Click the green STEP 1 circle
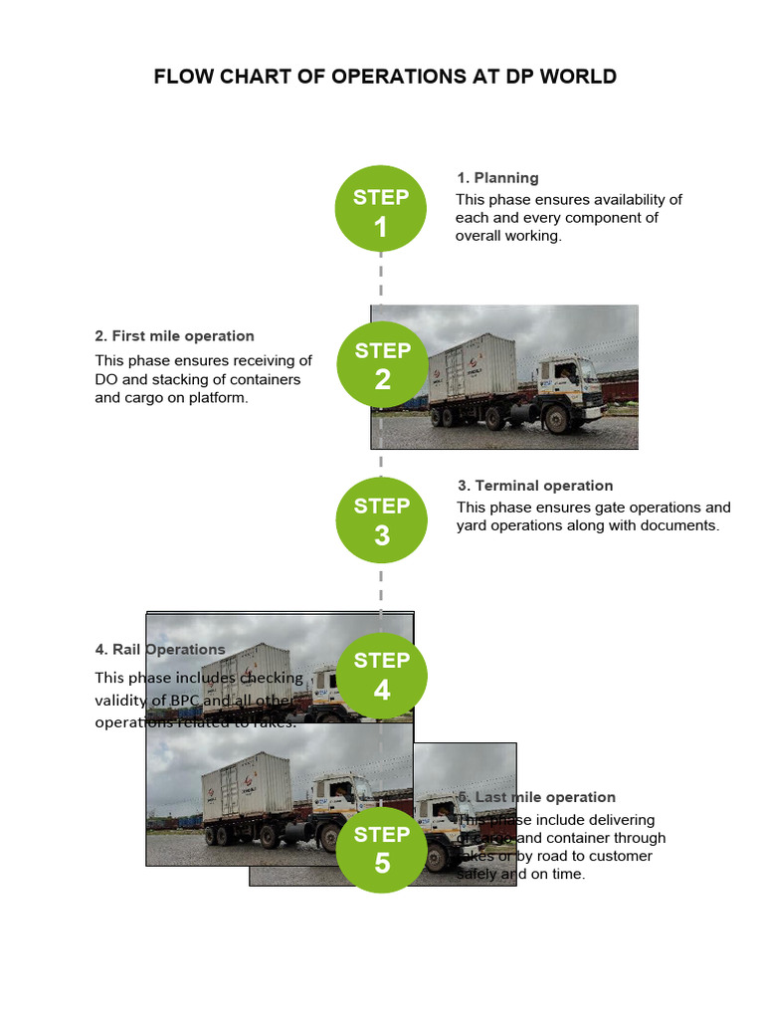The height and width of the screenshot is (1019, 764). (381, 210)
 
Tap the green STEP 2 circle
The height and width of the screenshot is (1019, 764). (382, 364)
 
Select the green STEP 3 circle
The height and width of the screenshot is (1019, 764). (381, 519)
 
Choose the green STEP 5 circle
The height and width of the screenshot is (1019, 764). (381, 849)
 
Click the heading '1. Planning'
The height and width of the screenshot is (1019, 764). (497, 178)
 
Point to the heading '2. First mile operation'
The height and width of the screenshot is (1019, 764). (175, 336)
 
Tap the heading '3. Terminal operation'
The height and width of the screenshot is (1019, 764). (535, 486)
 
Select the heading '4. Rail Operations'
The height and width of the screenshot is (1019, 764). (160, 650)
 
